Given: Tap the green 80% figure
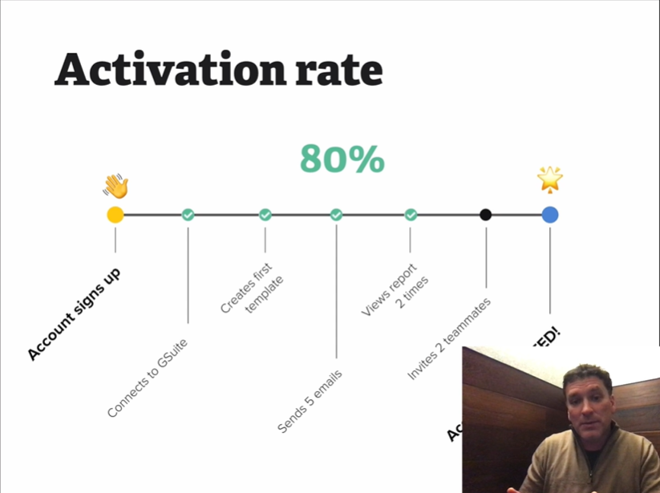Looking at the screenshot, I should point(342,159).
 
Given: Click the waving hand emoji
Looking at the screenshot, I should point(115,187).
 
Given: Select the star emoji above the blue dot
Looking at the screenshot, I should point(550,180).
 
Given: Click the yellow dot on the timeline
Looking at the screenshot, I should point(115,215).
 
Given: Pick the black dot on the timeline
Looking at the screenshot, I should point(486,215).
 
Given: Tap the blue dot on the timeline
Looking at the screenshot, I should point(550,215).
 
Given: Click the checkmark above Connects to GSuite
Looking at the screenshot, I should point(188,215).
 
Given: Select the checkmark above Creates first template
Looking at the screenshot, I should point(265,215).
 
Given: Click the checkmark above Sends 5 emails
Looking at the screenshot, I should point(336,215).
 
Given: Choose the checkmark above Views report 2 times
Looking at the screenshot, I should point(411,215).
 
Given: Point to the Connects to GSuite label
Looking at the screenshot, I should point(153,378).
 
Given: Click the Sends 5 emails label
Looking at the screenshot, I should point(310,402).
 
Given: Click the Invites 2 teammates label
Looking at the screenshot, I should point(449,338).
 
